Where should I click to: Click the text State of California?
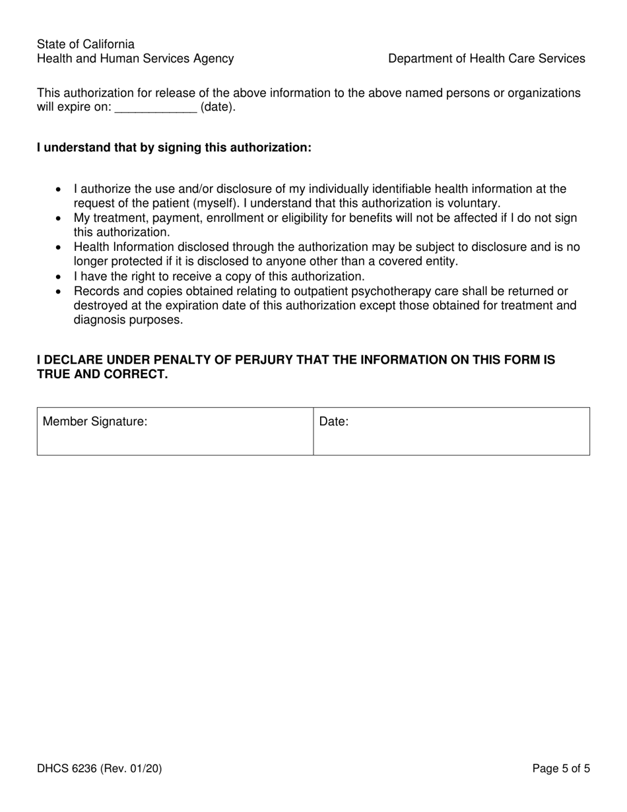(86, 44)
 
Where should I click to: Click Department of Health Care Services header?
(486, 59)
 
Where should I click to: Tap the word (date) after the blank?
(217, 108)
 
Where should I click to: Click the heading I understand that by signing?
(174, 147)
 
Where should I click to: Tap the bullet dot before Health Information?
(59, 248)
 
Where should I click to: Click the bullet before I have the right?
(59, 277)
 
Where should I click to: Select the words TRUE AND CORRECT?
(102, 375)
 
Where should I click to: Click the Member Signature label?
(95, 421)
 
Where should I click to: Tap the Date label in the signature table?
(334, 421)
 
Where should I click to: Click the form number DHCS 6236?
(67, 768)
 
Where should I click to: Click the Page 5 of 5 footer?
(561, 768)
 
